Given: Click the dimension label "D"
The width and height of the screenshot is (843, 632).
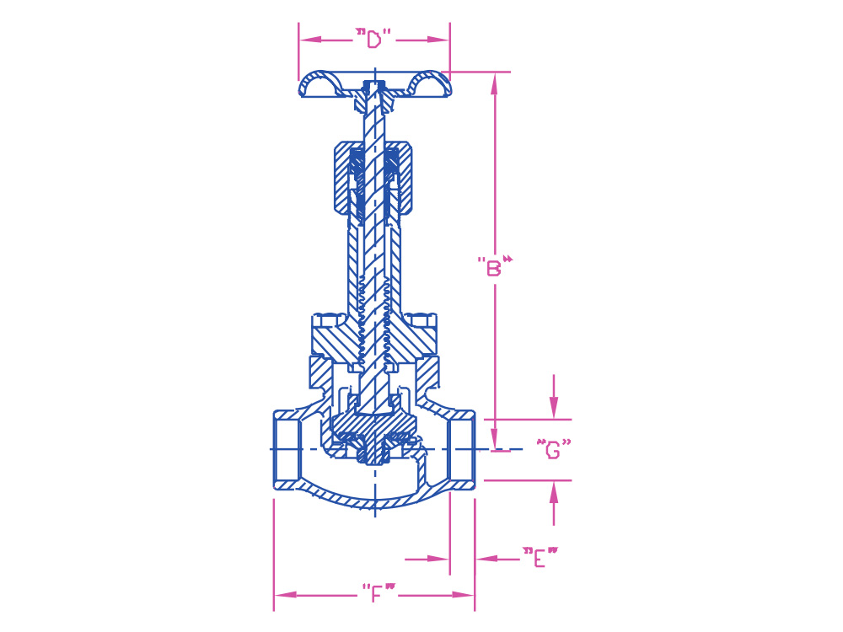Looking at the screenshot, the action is click(x=374, y=39).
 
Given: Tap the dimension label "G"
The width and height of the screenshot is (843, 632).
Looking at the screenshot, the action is click(x=554, y=449).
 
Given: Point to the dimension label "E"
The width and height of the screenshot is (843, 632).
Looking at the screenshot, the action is click(x=540, y=557).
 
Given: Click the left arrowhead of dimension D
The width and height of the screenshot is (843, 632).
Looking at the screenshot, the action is click(x=310, y=40).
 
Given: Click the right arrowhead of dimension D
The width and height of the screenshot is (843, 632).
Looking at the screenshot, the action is click(x=438, y=40).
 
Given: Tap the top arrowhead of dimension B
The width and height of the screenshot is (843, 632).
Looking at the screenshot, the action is click(x=495, y=83).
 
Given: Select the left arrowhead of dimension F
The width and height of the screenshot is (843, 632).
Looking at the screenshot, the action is click(x=286, y=595).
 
